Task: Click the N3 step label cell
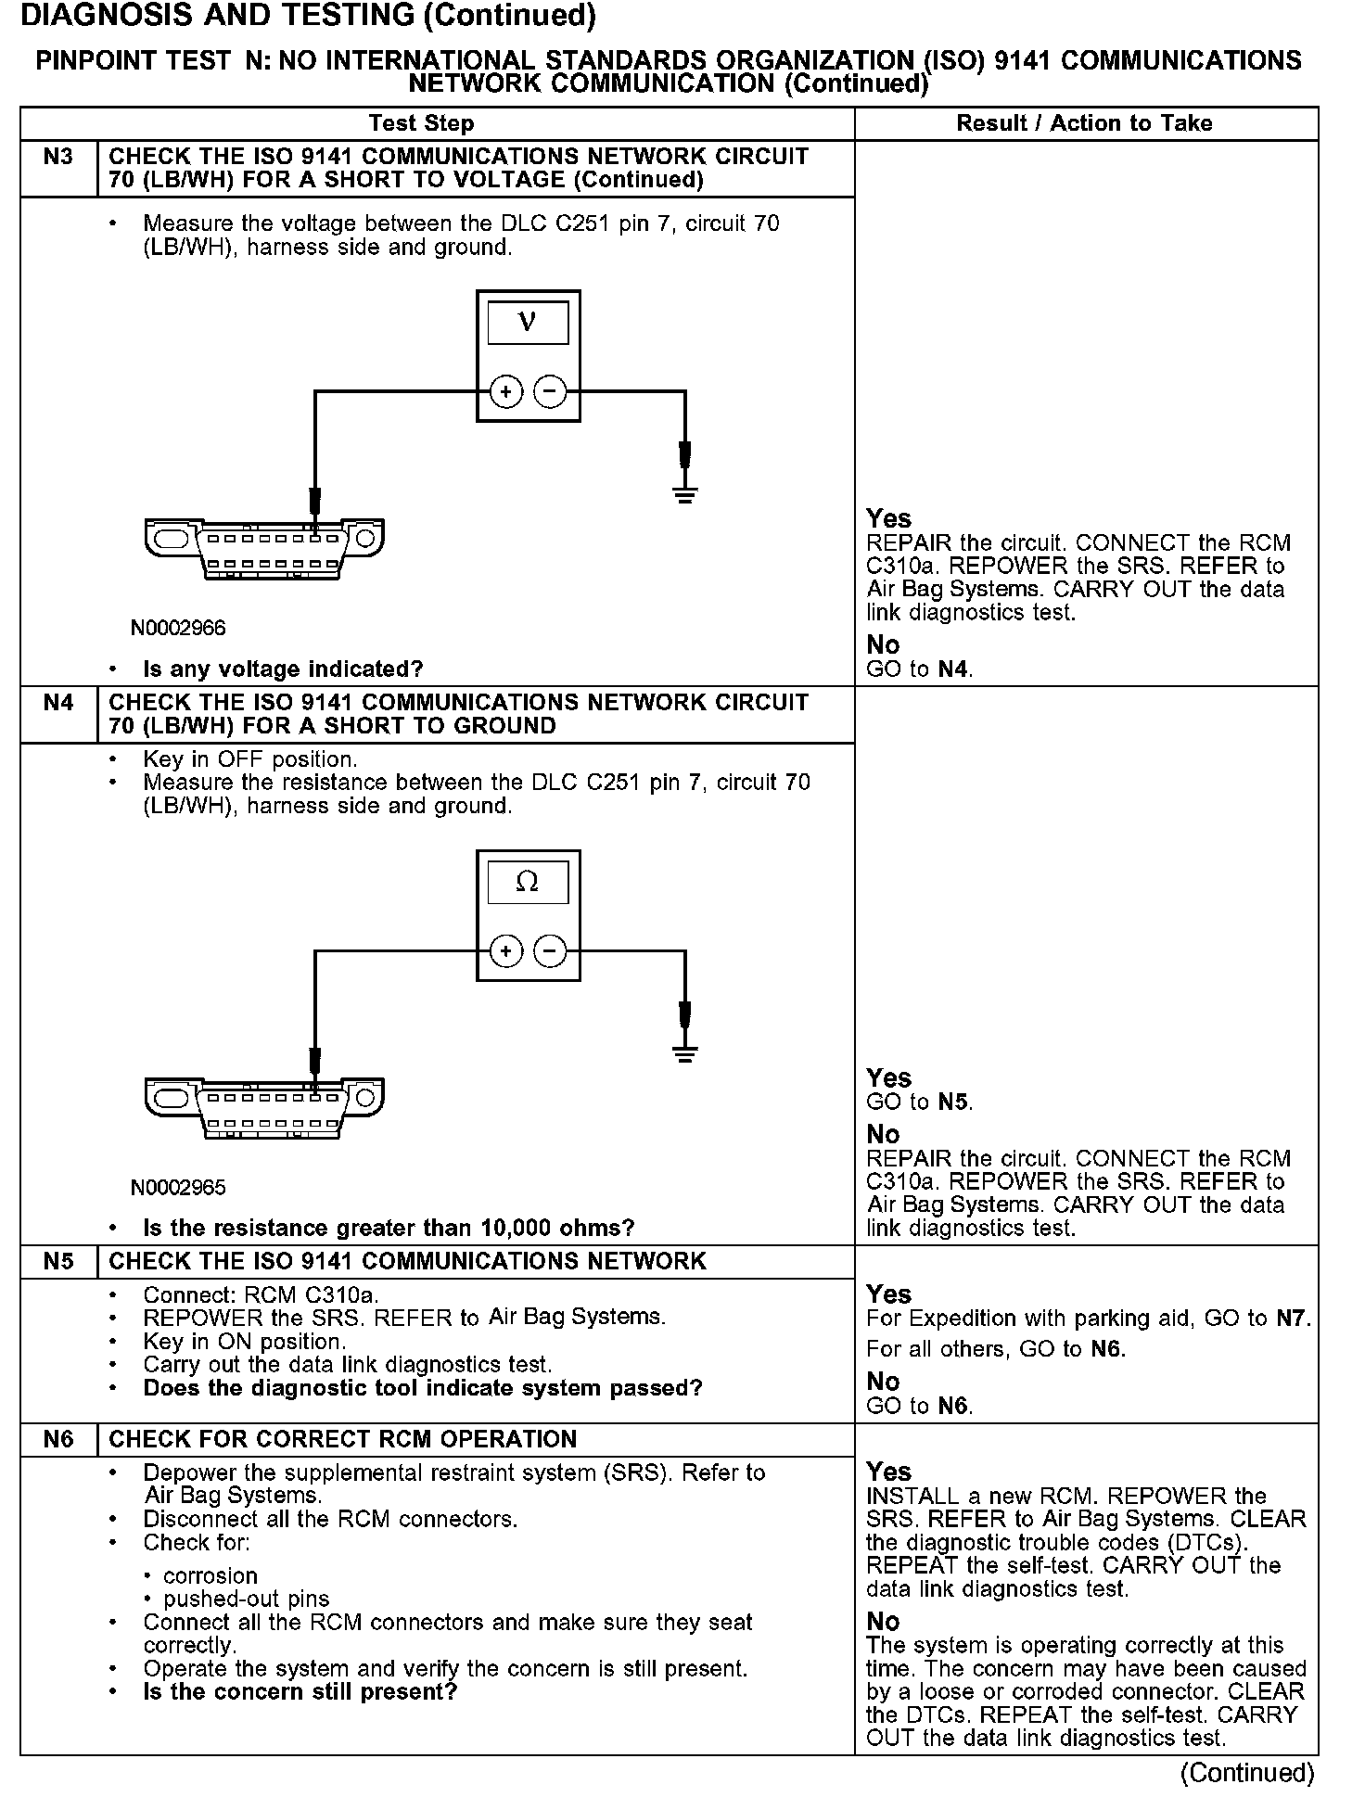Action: tap(58, 157)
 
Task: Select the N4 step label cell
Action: tap(58, 703)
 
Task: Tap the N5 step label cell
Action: tap(58, 1262)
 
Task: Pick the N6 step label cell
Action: tap(58, 1440)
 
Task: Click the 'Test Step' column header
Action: tap(421, 123)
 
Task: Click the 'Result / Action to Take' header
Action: tap(1084, 123)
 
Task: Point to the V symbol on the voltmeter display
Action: tap(528, 322)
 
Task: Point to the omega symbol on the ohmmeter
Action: tap(527, 882)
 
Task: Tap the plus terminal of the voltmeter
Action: tap(505, 392)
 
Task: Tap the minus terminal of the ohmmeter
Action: tap(551, 951)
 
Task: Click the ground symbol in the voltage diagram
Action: tap(685, 493)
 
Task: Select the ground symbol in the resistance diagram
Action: tap(685, 1053)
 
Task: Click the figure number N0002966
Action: tap(178, 628)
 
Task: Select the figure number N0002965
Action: tap(178, 1188)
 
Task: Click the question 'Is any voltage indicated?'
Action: tap(283, 669)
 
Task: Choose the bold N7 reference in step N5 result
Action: tap(1291, 1319)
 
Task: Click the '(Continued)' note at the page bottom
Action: tap(1247, 1773)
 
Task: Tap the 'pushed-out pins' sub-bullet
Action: tap(246, 1599)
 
